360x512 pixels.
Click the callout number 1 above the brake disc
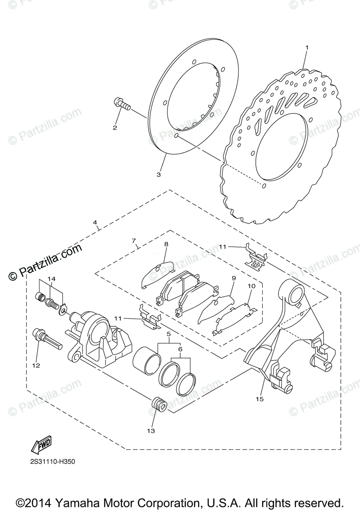pyautogui.click(x=306, y=47)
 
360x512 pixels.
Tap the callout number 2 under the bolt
pyautogui.click(x=114, y=127)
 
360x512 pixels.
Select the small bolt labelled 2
pyautogui.click(x=121, y=104)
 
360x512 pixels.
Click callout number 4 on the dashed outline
pyautogui.click(x=95, y=222)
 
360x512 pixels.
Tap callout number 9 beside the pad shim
pyautogui.click(x=234, y=278)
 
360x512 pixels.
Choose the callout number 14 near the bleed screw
pyautogui.click(x=52, y=279)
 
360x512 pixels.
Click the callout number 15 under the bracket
pyautogui.click(x=260, y=399)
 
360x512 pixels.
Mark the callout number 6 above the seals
pyautogui.click(x=180, y=348)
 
